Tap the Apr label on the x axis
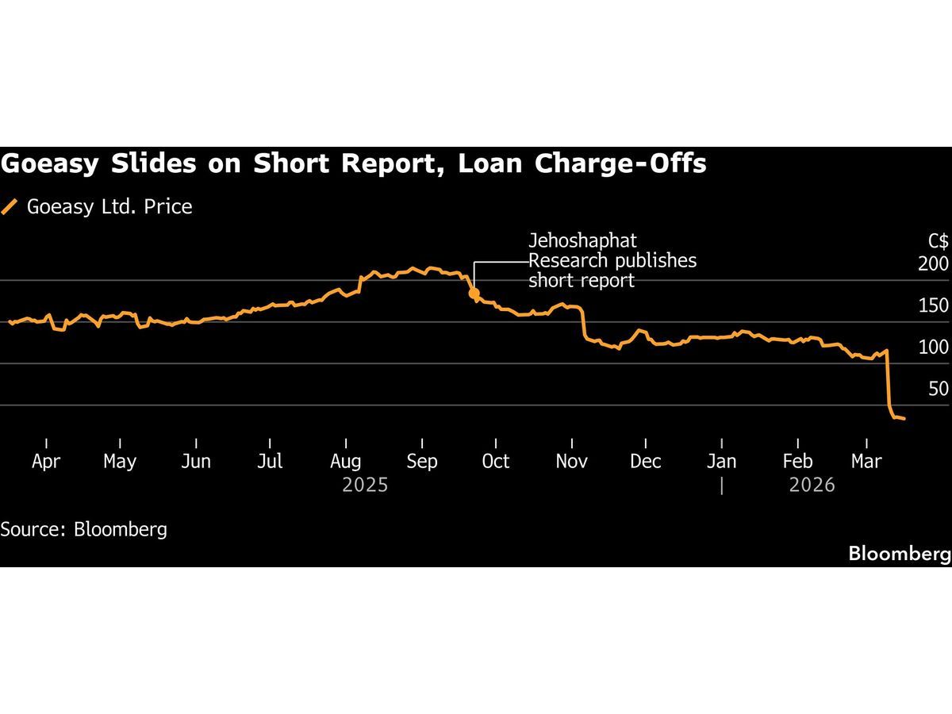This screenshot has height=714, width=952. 46,461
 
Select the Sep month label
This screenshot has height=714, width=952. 422,461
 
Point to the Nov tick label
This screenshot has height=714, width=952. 571,461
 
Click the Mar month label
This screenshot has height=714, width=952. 866,461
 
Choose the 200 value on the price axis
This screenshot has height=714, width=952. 933,264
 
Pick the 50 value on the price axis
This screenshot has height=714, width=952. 939,389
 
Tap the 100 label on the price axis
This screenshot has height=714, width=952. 933,347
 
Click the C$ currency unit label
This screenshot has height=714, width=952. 938,241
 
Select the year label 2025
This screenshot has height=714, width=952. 365,485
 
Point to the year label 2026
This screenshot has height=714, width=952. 812,485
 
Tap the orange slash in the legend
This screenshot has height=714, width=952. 10,207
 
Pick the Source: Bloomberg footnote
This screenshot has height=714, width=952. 84,529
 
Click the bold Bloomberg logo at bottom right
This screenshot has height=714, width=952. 899,554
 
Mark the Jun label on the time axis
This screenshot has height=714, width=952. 196,461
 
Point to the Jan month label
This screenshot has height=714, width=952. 721,461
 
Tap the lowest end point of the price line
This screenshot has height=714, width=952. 904,418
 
